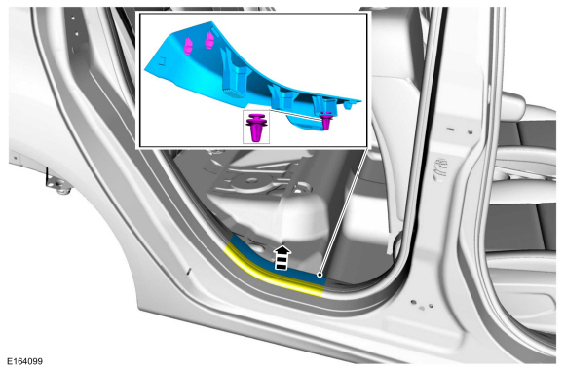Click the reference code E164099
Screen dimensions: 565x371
tap(25, 361)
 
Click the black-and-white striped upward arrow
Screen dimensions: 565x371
tap(282, 257)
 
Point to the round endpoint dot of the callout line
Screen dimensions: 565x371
tap(320, 275)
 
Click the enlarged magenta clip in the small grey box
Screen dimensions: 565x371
tap(256, 128)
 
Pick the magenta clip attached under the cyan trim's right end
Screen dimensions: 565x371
tap(326, 121)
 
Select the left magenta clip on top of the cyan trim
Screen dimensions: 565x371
tap(188, 46)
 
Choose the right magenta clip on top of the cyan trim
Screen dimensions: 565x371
tap(209, 40)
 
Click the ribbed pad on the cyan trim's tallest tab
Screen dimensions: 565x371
tap(233, 94)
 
